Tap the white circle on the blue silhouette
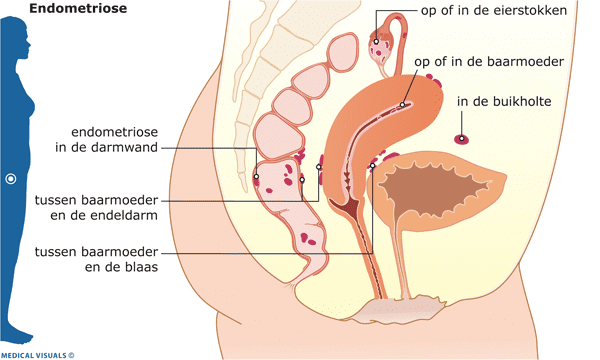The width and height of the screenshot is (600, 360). pos(11,179)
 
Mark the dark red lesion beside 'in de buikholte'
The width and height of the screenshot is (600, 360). pos(461,138)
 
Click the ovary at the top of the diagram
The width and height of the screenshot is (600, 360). pos(381,46)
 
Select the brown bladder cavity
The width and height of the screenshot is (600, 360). pos(432,189)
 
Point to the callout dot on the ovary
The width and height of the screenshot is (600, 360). pos(376,42)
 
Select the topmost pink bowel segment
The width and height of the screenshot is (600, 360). pos(343,54)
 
